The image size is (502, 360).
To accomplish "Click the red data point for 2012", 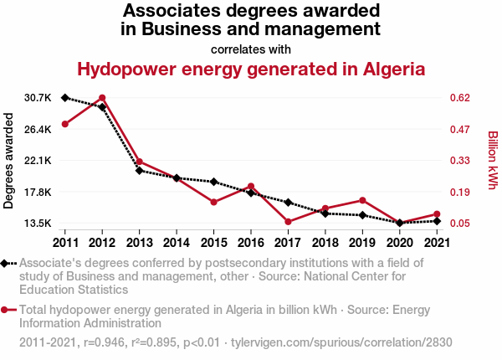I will pyautogui.click(x=102, y=98).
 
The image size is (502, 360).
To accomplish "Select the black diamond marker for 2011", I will pyautogui.click(x=65, y=98).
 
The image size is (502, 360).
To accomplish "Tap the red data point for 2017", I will pyautogui.click(x=287, y=222).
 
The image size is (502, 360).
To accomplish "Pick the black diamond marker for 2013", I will pyautogui.click(x=139, y=171).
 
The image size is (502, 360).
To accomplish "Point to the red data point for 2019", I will pyautogui.click(x=361, y=200).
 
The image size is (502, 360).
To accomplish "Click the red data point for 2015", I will pyautogui.click(x=213, y=203).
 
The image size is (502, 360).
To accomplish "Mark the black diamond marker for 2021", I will pyautogui.click(x=436, y=221).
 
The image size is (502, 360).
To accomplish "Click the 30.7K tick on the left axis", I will pyautogui.click(x=38, y=98).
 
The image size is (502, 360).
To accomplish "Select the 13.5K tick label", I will pyautogui.click(x=38, y=224).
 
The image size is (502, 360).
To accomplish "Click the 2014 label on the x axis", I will pyautogui.click(x=177, y=243).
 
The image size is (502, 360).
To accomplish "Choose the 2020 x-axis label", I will pyautogui.click(x=398, y=243).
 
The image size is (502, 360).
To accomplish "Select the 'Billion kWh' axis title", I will pyautogui.click(x=493, y=161).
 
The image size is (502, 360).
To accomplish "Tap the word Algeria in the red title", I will pyautogui.click(x=384, y=69).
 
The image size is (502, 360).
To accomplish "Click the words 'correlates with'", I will pyautogui.click(x=251, y=49).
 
